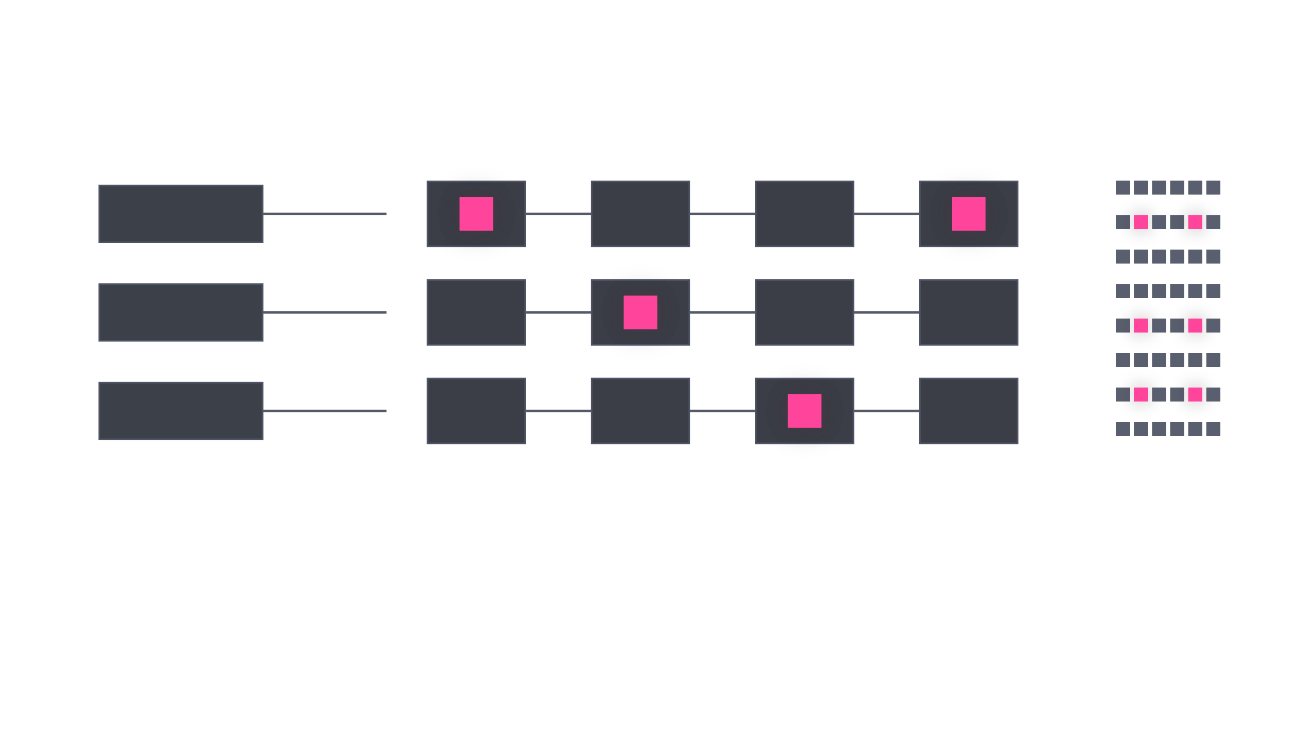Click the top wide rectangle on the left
pyautogui.click(x=181, y=213)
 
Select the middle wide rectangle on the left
pyautogui.click(x=181, y=312)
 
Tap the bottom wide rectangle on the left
pyautogui.click(x=181, y=411)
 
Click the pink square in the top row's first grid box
pyautogui.click(x=476, y=213)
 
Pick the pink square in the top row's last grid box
pyautogui.click(x=968, y=213)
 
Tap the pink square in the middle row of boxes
pyautogui.click(x=640, y=312)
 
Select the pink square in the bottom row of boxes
pyautogui.click(x=804, y=411)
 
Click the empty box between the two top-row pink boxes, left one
pyautogui.click(x=640, y=213)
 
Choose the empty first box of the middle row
pyautogui.click(x=476, y=312)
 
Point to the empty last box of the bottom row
pyautogui.click(x=968, y=411)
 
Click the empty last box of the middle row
pyautogui.click(x=968, y=312)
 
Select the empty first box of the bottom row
pyautogui.click(x=476, y=411)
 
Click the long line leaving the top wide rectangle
pyautogui.click(x=324, y=213)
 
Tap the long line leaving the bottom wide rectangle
pyautogui.click(x=324, y=411)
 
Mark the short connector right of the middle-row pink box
pyautogui.click(x=722, y=312)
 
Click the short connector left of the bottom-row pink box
pyautogui.click(x=722, y=411)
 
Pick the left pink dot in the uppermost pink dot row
pyautogui.click(x=1141, y=222)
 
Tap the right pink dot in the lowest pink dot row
pyautogui.click(x=1195, y=394)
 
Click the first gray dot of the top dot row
pyautogui.click(x=1123, y=187)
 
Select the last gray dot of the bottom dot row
pyautogui.click(x=1213, y=429)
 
